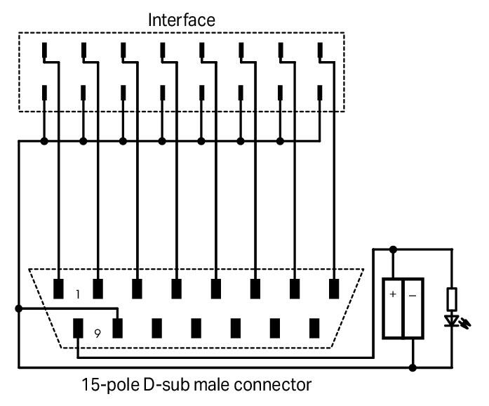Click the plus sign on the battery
click(392, 294)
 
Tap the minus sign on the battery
click(412, 294)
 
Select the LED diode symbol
click(451, 320)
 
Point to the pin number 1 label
click(78, 295)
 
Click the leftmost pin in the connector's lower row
click(79, 328)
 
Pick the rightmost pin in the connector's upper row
click(334, 288)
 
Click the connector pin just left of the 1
click(59, 288)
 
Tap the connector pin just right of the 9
click(118, 328)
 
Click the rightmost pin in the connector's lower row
click(314, 328)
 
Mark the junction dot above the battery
click(393, 248)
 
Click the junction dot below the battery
click(412, 367)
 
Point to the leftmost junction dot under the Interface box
click(44, 141)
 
